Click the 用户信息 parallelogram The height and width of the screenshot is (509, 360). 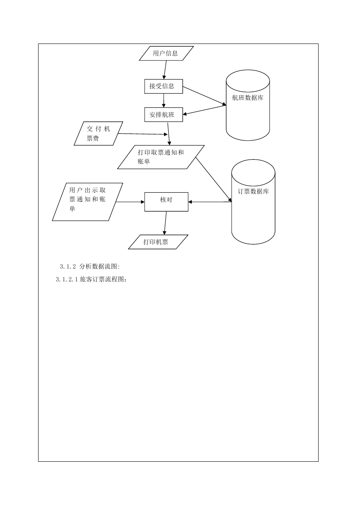166,53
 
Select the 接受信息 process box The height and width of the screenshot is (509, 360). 164,86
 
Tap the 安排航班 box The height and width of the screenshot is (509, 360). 164,114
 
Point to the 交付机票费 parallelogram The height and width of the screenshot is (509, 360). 98,133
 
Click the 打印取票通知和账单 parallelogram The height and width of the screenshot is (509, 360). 161,157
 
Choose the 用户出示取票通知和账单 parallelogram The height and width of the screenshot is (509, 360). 87,202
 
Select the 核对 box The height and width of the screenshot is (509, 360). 166,202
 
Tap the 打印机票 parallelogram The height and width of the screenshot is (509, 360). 158,242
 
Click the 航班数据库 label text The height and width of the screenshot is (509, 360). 248,98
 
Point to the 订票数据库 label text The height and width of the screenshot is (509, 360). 253,191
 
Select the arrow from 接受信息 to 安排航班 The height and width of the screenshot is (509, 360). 164,100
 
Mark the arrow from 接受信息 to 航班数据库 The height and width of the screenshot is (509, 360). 204,96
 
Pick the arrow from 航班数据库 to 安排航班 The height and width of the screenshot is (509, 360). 204,110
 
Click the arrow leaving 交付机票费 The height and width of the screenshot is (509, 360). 143,134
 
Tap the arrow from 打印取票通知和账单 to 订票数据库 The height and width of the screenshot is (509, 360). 214,179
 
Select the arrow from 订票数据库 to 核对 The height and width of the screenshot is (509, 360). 210,202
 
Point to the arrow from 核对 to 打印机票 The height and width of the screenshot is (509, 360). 165,223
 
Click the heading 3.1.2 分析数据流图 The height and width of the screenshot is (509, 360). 90,267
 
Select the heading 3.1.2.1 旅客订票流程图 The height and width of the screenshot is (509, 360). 91,279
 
